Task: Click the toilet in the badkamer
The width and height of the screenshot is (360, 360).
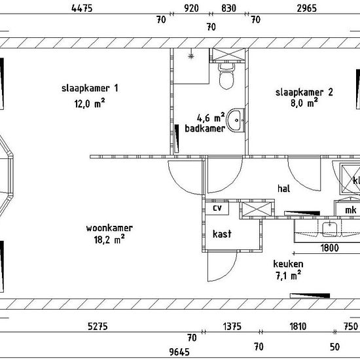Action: click(x=226, y=76)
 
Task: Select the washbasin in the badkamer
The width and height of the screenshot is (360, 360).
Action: click(x=236, y=120)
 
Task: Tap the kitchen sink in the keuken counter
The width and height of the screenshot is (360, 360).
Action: click(x=329, y=229)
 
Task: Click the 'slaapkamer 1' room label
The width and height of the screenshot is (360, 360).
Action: click(x=90, y=88)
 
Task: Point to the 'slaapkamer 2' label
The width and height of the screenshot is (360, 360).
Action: click(x=304, y=92)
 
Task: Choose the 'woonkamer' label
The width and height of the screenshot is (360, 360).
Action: click(x=109, y=228)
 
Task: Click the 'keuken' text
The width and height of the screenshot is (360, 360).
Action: click(x=288, y=264)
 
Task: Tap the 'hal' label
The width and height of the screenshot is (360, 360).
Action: click(x=284, y=189)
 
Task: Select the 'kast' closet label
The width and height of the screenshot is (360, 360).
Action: click(x=222, y=234)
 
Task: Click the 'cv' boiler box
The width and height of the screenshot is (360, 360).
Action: click(x=217, y=208)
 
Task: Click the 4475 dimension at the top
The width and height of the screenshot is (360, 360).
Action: click(x=82, y=9)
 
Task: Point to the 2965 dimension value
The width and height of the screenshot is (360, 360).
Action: click(x=307, y=9)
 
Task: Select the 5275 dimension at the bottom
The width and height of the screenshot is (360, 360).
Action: click(x=98, y=326)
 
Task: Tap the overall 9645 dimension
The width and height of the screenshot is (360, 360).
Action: click(x=179, y=351)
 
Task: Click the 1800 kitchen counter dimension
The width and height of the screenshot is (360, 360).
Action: click(x=329, y=248)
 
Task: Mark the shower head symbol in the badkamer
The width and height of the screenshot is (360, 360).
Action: click(x=191, y=56)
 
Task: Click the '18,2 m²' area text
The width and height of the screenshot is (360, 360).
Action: click(x=109, y=240)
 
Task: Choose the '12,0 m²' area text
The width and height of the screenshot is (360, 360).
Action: click(x=90, y=103)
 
